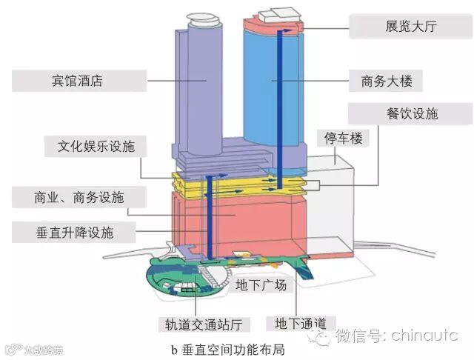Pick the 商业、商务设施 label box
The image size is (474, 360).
pos(79,198)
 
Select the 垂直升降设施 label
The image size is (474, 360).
pos(73,232)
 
